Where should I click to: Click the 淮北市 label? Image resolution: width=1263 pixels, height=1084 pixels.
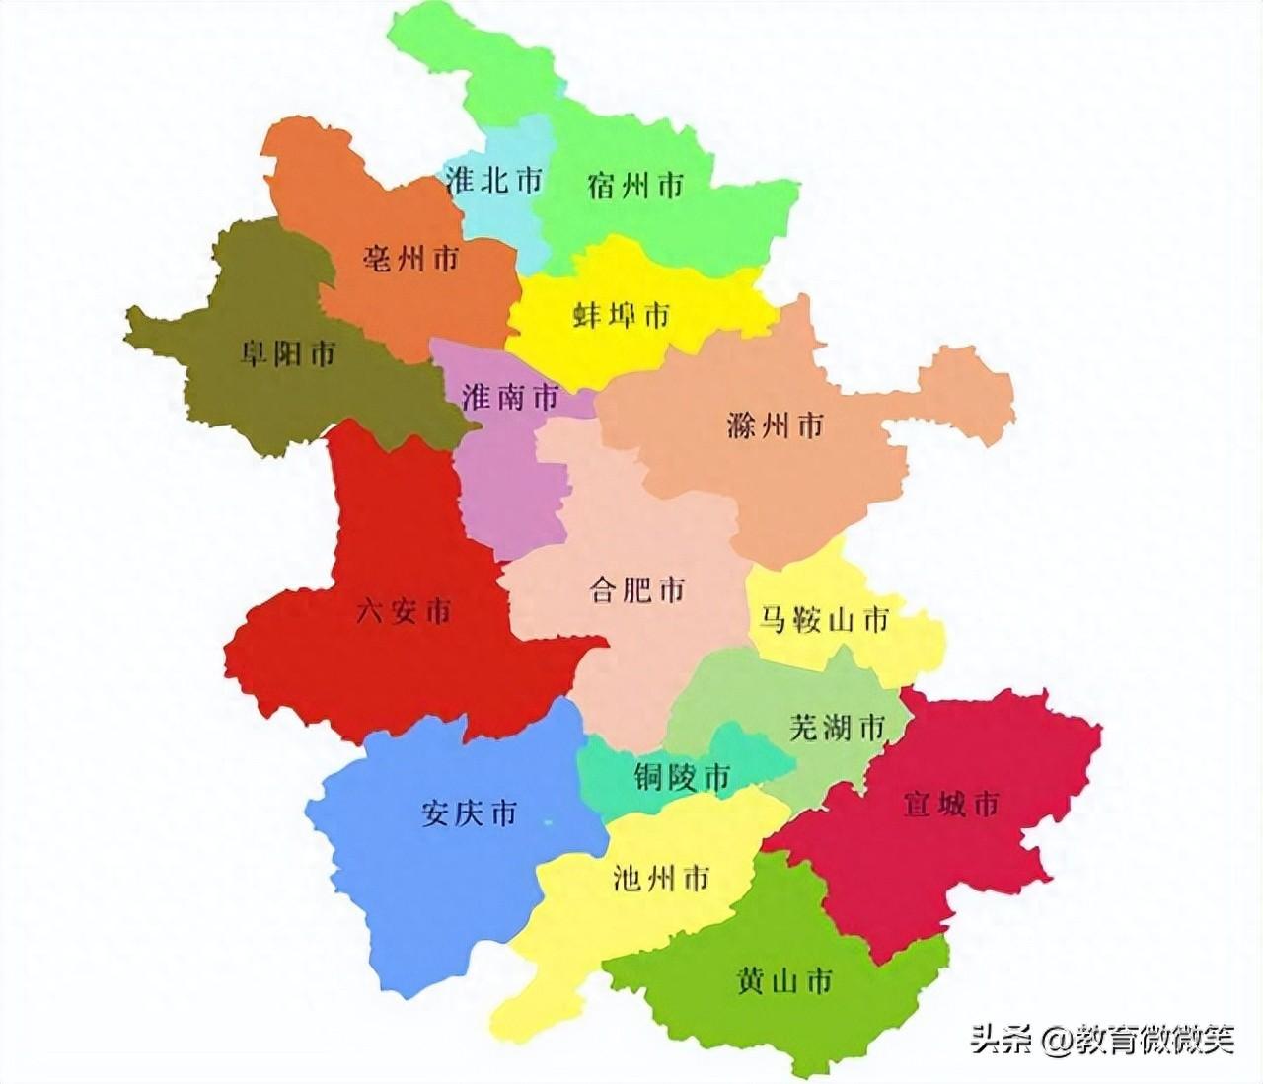click(x=493, y=181)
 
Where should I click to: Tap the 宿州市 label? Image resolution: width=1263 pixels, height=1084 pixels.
click(x=635, y=185)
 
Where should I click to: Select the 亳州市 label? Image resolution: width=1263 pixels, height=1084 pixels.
click(x=411, y=259)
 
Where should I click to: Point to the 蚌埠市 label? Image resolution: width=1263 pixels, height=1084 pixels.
click(x=621, y=315)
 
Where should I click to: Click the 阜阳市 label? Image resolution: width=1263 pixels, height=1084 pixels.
click(x=288, y=352)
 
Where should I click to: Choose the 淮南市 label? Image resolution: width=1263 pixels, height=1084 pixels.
click(x=509, y=397)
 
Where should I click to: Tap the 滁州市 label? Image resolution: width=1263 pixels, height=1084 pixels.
click(x=774, y=426)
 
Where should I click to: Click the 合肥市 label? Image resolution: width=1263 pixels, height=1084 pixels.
click(x=636, y=591)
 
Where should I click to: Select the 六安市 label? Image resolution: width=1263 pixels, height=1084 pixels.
click(x=404, y=611)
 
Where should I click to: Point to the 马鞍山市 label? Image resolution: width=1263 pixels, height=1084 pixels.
click(x=824, y=620)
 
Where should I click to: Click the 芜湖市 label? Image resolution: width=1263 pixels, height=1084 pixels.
click(x=837, y=728)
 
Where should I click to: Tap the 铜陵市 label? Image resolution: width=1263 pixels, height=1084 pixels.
click(x=682, y=778)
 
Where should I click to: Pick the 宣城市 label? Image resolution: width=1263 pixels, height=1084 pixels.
click(x=951, y=804)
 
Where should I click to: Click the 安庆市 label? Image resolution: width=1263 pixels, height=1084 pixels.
click(x=469, y=814)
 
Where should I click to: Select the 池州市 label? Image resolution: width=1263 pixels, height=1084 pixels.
click(x=661, y=878)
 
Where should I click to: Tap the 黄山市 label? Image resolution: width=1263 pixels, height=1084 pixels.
click(x=784, y=980)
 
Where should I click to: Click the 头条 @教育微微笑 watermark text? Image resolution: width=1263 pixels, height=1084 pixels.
click(x=1100, y=1038)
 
